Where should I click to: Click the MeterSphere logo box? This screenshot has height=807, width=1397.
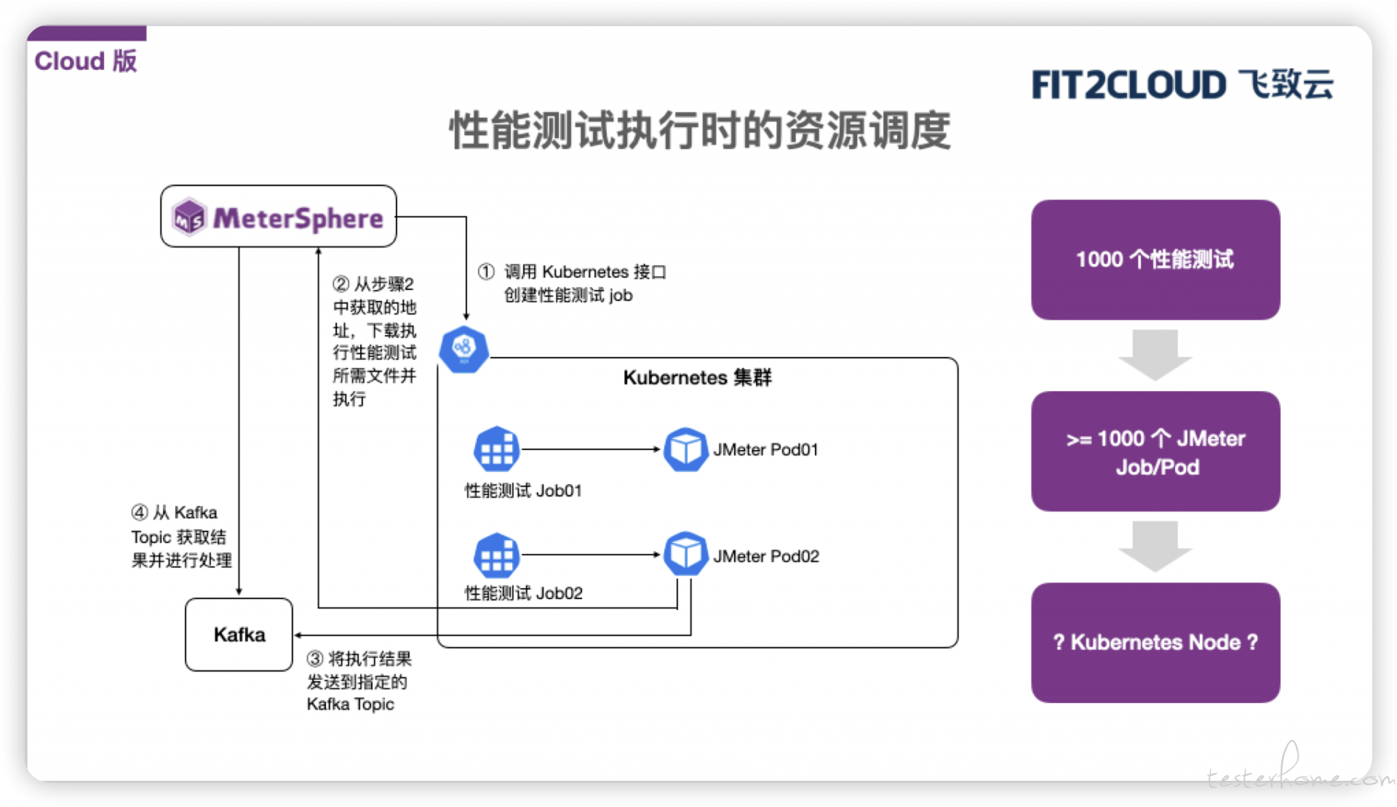pos(279,216)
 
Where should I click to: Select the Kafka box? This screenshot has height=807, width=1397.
pos(239,635)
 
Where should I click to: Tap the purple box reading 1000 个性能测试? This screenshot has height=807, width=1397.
pos(1155,260)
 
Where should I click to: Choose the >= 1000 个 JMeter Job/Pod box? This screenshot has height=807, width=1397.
pos(1155,451)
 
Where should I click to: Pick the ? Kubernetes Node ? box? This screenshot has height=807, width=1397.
pos(1155,643)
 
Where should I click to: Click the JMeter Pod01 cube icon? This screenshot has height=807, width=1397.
pos(685,449)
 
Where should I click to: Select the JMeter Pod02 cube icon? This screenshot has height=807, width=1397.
pos(685,554)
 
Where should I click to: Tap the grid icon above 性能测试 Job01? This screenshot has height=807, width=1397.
pos(497,449)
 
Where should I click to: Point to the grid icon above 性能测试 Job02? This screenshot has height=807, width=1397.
pos(497,555)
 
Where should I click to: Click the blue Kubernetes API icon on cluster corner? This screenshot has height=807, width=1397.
pos(463,349)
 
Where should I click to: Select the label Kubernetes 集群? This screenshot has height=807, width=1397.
pos(697,378)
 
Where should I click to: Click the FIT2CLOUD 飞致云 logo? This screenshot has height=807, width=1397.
pos(1182,84)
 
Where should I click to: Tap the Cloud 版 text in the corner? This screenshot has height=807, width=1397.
pos(86,61)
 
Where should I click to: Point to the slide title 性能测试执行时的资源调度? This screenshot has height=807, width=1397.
pos(700,131)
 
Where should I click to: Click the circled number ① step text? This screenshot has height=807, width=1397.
pos(572,283)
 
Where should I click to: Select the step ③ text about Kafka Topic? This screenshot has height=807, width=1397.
pos(359,681)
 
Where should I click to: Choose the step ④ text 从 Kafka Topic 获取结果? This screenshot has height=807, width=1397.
pos(181,537)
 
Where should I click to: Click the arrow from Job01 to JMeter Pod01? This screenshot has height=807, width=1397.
pos(591,449)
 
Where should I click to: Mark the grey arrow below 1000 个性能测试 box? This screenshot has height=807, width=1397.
pos(1155,355)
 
